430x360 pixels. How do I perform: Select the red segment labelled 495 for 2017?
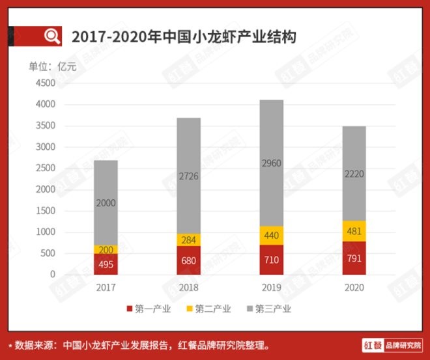[106, 264]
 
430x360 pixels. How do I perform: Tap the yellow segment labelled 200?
[106, 249]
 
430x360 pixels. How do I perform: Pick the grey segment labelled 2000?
[106, 202]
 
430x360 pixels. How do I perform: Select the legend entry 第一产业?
[149, 309]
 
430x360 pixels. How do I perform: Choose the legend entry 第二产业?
[209, 309]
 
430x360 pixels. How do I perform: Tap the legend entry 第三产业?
[269, 309]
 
